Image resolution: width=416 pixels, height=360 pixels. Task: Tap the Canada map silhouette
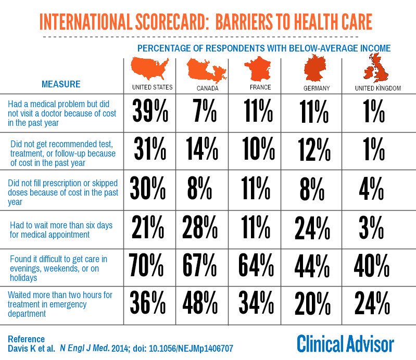[207, 69]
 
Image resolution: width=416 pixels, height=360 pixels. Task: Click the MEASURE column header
[61, 84]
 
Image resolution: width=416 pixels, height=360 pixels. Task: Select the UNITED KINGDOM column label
[377, 88]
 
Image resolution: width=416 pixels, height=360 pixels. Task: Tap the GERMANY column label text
[317, 88]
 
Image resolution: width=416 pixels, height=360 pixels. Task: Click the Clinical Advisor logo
[345, 344]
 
